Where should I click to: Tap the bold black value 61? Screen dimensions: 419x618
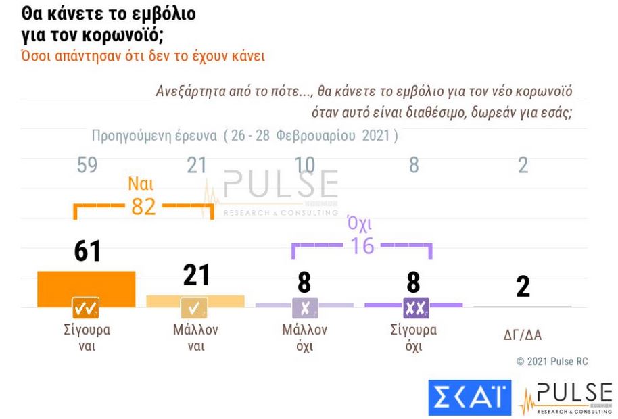pyautogui.click(x=87, y=251)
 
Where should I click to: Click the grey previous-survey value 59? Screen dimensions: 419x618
pyautogui.click(x=87, y=166)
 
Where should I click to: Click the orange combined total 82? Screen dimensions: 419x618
pyautogui.click(x=143, y=207)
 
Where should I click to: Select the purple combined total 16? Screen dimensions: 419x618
pyautogui.click(x=362, y=246)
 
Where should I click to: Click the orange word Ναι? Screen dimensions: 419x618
pyautogui.click(x=143, y=184)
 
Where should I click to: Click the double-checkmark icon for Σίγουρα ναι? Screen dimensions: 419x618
pyautogui.click(x=86, y=308)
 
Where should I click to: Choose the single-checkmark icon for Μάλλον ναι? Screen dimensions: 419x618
pyautogui.click(x=195, y=308)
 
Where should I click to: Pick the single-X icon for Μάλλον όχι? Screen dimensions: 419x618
pyautogui.click(x=304, y=308)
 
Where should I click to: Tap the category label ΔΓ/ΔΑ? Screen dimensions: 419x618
pyautogui.click(x=522, y=334)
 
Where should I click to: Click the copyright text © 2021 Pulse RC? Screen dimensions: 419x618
pyautogui.click(x=552, y=362)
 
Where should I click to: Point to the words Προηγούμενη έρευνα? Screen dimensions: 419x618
pyautogui.click(x=154, y=135)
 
